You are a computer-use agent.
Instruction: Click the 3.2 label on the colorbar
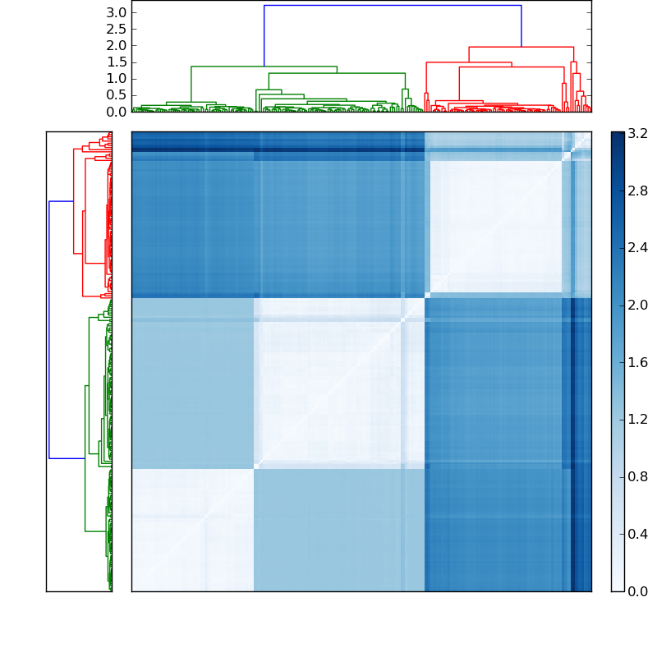coord(637,132)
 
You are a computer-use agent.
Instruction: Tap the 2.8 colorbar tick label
coord(637,190)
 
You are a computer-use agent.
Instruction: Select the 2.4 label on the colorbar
coord(637,247)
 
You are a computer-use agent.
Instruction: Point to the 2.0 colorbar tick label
coord(637,305)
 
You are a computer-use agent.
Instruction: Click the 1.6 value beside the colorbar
coord(637,362)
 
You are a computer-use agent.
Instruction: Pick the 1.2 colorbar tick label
coord(637,420)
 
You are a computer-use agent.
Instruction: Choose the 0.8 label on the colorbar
coord(637,476)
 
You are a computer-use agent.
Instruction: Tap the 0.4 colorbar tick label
coord(637,534)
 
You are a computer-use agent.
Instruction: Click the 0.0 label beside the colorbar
coord(637,591)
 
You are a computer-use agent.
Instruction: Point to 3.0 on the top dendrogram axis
coord(117,12)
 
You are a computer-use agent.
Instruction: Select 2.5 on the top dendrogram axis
coord(117,29)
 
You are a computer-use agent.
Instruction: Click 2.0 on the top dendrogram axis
coord(117,45)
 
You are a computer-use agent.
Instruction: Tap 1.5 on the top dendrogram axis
coord(117,62)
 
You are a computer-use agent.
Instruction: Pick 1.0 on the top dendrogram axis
coord(117,78)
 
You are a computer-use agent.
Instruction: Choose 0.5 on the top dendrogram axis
coord(117,94)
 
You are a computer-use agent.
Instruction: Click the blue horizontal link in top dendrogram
coord(393,6)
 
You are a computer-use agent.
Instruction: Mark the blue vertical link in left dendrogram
coord(49,328)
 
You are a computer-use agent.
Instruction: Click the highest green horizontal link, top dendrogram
coord(264,67)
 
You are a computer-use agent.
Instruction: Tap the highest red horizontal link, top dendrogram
coord(521,47)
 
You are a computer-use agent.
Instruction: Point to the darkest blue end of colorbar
coord(618,135)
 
